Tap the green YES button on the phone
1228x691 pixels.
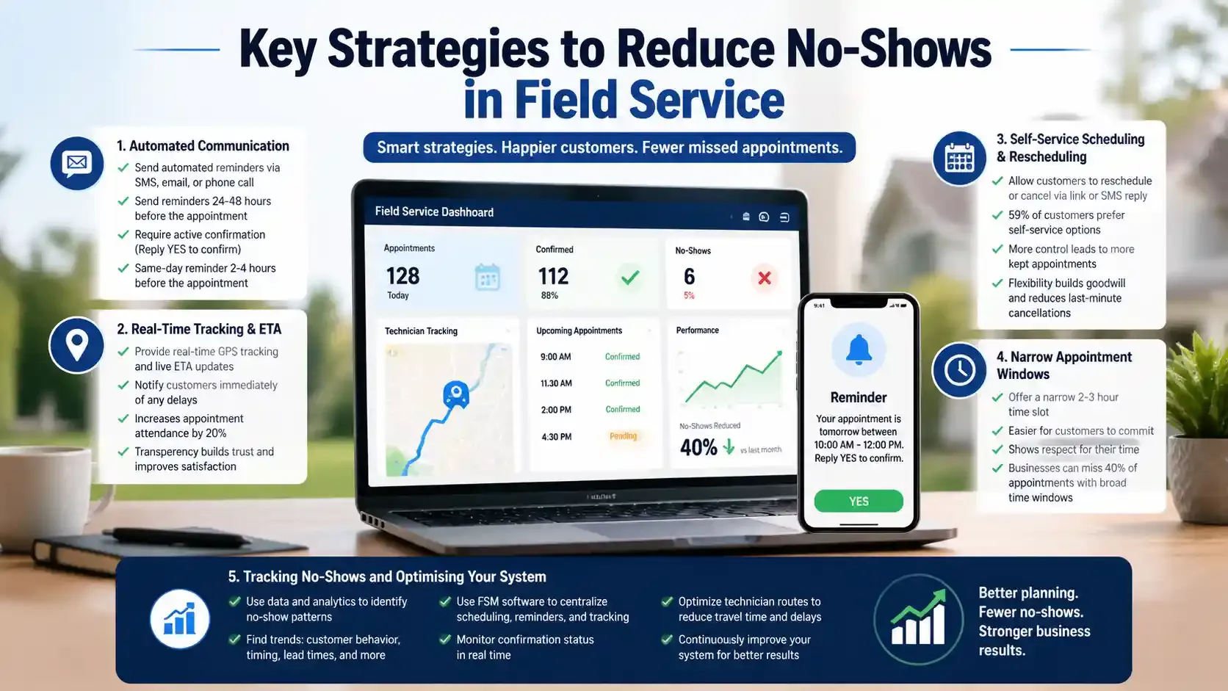[x=858, y=501]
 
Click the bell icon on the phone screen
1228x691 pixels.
[x=858, y=350]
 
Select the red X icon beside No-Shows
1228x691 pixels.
[x=764, y=278]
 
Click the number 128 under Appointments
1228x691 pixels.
[x=402, y=276]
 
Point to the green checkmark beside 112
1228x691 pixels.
[x=629, y=278]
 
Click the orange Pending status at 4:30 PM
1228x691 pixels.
[x=623, y=436]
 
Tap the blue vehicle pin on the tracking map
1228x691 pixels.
[x=456, y=394]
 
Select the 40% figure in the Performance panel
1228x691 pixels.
[x=698, y=447]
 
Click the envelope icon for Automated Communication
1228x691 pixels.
[x=77, y=163]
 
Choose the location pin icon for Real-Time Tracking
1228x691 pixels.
[x=77, y=344]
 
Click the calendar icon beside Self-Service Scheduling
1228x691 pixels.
[x=959, y=158]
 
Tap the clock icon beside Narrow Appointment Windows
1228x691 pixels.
[x=959, y=371]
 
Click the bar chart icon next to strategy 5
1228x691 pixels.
[x=179, y=619]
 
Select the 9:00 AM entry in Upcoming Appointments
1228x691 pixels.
[x=555, y=357]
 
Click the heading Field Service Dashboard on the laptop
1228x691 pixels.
[x=434, y=211]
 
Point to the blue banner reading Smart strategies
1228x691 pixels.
[x=609, y=148]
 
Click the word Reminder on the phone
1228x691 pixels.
[x=858, y=397]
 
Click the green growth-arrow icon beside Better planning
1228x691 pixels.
[x=918, y=619]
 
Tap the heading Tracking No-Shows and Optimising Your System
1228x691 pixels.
[x=387, y=576]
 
